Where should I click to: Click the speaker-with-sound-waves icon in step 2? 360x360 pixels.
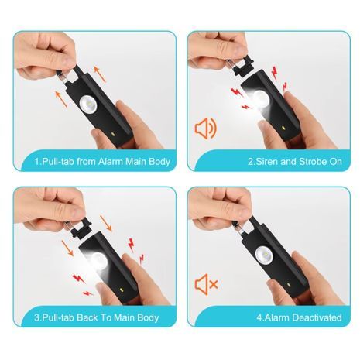click(206, 128)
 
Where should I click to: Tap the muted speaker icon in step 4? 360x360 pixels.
click(206, 284)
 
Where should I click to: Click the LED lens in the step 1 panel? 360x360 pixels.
click(88, 104)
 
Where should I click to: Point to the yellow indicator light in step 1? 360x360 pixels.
click(112, 135)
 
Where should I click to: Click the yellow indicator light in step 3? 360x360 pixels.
click(121, 290)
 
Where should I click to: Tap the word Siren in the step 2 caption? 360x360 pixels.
click(266, 162)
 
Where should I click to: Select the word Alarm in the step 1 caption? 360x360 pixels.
click(111, 162)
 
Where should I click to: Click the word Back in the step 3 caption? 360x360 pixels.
click(87, 317)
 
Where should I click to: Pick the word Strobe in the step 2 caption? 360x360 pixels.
click(310, 162)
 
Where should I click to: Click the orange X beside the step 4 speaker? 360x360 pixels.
click(214, 285)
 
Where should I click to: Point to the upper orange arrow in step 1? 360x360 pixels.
click(100, 74)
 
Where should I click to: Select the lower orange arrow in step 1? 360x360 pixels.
click(61, 98)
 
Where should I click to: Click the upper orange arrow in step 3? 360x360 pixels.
click(106, 224)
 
